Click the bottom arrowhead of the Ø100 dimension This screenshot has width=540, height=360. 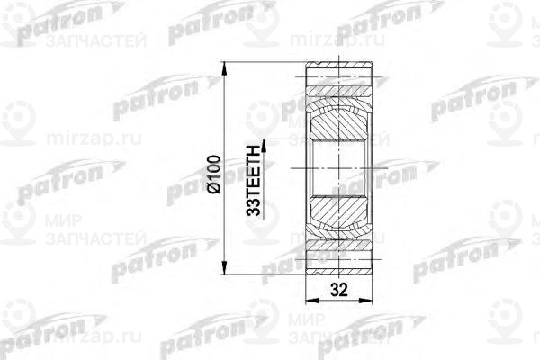[x=225, y=269]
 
